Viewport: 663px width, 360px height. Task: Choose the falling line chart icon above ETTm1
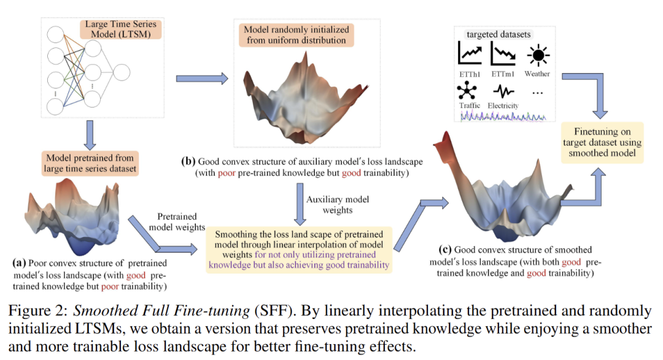503,55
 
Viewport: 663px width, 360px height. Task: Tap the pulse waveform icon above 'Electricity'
503,92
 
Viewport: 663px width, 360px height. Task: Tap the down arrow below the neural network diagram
90,133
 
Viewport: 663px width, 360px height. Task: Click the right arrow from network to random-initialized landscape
202,79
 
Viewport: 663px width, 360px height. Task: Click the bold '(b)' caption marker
188,162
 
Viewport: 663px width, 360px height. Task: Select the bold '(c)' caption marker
445,250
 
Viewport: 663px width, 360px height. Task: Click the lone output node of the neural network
121,72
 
